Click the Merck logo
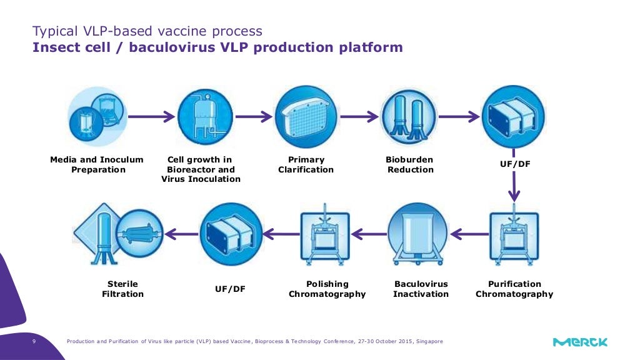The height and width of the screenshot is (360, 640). (580, 342)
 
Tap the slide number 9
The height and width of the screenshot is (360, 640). (34, 341)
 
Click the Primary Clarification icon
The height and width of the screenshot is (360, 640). (306, 116)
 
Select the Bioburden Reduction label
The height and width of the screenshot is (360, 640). (409, 164)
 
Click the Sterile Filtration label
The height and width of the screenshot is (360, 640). (122, 289)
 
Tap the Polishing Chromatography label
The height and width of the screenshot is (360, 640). (327, 289)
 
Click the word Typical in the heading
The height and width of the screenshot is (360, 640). (54, 31)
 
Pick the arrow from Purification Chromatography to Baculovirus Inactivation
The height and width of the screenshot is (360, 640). (466, 233)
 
